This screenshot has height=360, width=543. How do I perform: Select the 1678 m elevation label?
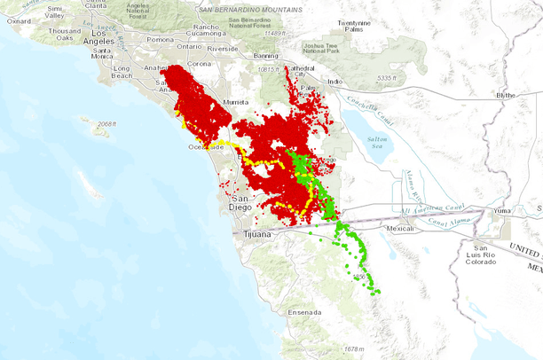(352, 348)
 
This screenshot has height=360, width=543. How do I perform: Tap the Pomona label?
(160, 40)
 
